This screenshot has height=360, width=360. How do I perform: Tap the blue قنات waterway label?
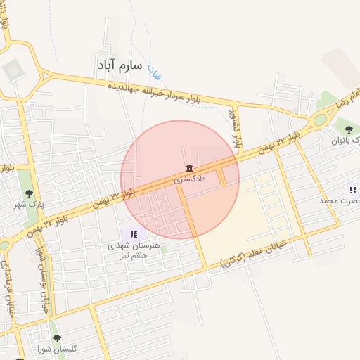point(152,70)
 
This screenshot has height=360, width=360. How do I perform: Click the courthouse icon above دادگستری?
point(189,167)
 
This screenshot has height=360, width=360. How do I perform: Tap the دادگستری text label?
point(191,179)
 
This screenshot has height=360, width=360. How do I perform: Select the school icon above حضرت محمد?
point(352,190)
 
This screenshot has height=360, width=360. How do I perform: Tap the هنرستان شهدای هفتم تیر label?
point(134,251)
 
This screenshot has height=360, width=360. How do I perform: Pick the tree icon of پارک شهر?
point(29,193)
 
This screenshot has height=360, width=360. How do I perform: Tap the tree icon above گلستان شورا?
point(57,338)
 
